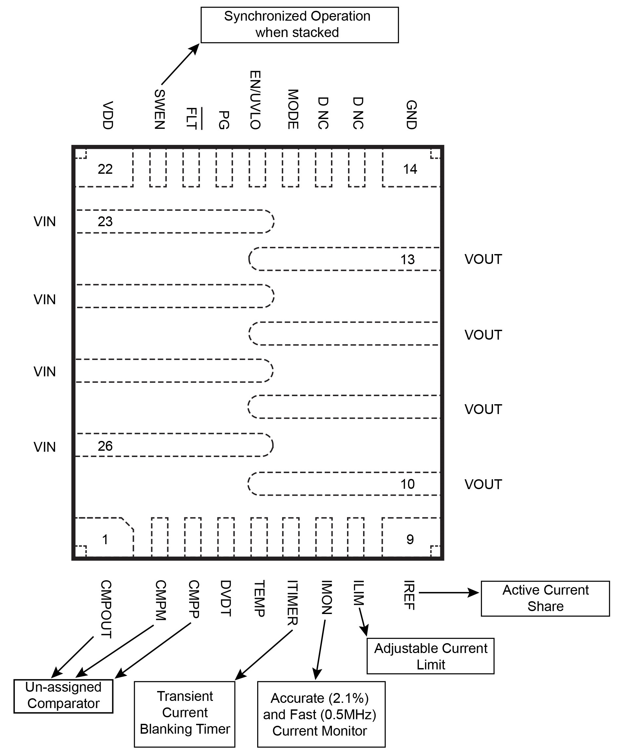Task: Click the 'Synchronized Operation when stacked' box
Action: (x=299, y=25)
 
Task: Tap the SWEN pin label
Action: (x=160, y=109)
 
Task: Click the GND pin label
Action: (x=411, y=115)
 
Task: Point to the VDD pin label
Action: (x=107, y=115)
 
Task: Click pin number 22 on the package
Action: (x=105, y=169)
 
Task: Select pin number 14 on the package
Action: (x=410, y=169)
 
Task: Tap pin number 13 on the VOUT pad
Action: (x=407, y=260)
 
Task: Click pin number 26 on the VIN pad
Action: (x=105, y=446)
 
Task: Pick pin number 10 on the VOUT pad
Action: (x=407, y=484)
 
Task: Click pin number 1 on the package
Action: (x=105, y=540)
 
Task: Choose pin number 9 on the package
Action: (x=410, y=540)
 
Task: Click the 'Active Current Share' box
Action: (x=545, y=599)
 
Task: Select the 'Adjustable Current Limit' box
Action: (x=430, y=656)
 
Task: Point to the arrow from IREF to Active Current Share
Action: (x=448, y=592)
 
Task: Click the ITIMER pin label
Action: (x=292, y=603)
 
